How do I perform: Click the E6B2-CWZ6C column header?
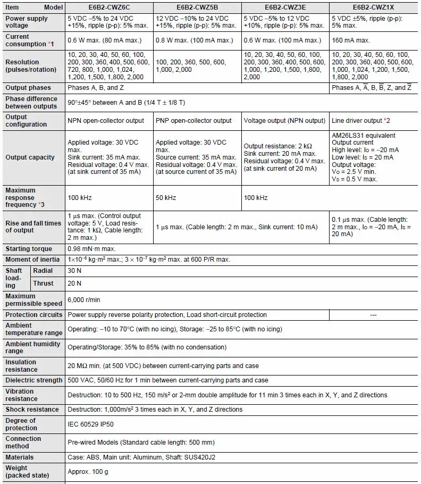(109, 7)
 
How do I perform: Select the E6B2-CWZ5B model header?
(197, 7)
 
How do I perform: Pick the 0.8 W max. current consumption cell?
(195, 40)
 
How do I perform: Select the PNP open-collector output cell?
(194, 121)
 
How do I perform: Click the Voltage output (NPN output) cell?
(284, 121)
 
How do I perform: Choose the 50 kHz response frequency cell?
(166, 198)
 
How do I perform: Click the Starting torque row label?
(29, 249)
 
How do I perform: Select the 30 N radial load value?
(75, 271)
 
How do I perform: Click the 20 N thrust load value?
(75, 283)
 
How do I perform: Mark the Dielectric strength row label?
(33, 380)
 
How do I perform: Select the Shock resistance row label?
(32, 410)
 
